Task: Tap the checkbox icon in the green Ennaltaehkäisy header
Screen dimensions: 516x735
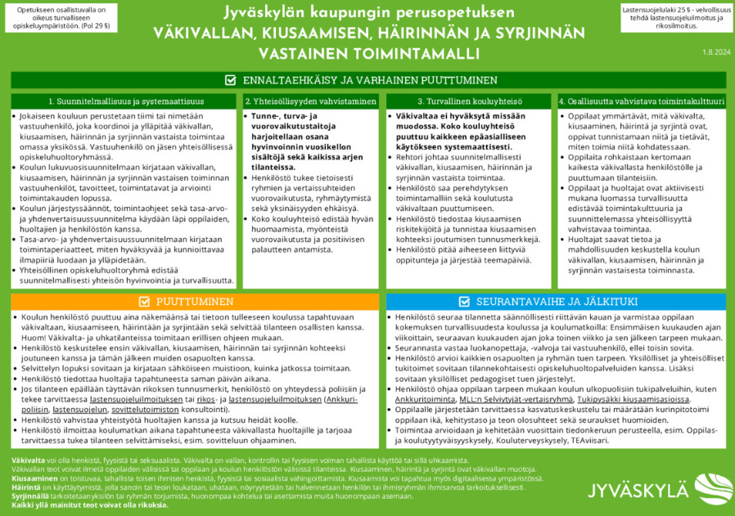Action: pos(230,80)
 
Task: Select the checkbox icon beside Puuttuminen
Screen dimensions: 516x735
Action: pos(143,301)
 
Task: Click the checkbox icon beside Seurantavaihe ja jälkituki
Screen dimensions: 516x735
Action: pos(465,301)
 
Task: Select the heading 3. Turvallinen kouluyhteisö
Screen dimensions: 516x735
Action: pos(469,101)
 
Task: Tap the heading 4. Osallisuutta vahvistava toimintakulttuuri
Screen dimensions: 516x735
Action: pos(641,101)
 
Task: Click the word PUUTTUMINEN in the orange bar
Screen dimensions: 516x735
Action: pos(194,301)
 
